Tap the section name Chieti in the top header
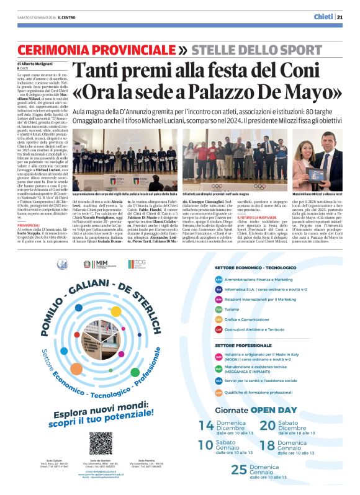coord(322,17)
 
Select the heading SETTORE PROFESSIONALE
coord(243,345)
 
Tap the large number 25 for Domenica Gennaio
coord(239,470)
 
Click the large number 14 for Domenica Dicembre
coord(206,426)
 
